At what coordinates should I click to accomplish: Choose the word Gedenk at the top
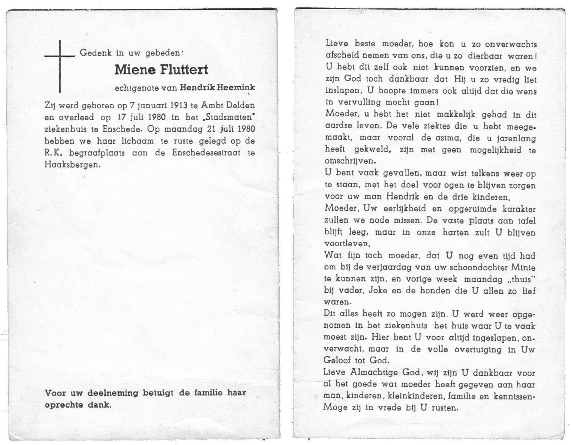click(96, 53)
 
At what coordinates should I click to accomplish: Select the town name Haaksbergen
click(72, 164)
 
